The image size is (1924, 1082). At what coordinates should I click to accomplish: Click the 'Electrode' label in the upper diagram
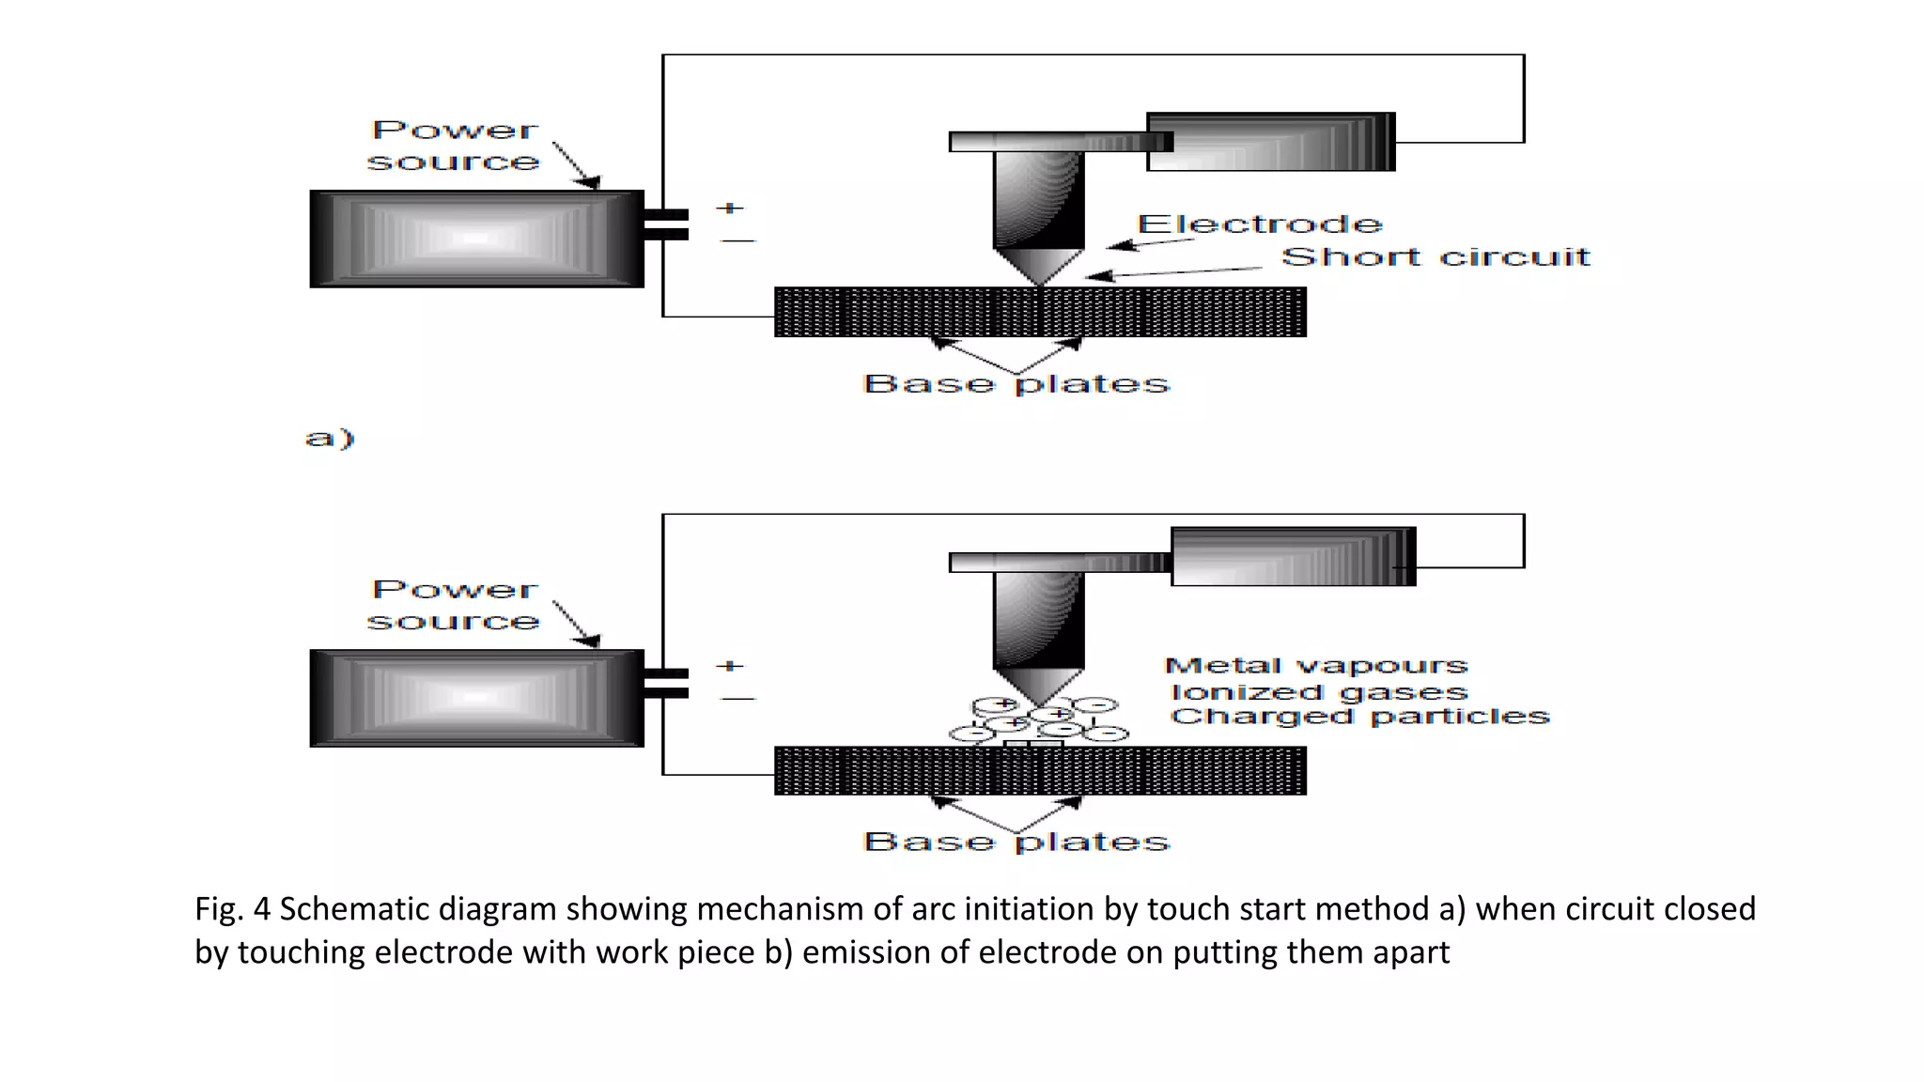point(1260,224)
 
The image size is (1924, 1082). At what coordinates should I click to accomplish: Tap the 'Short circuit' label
point(1435,256)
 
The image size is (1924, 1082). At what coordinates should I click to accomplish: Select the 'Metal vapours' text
point(1315,666)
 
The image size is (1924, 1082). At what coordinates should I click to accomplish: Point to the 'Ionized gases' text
point(1318,692)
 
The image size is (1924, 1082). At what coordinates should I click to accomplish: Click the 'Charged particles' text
point(1358,717)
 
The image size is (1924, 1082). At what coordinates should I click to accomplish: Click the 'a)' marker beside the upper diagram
point(330,438)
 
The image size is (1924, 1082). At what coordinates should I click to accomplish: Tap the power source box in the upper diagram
point(476,239)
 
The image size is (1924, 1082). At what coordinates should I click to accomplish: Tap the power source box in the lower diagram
point(476,698)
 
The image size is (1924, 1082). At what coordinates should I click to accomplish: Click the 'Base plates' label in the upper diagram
point(1016,384)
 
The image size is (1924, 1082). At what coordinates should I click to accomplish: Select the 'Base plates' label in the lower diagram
point(1016,842)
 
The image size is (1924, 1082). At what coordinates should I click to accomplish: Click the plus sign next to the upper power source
point(730,208)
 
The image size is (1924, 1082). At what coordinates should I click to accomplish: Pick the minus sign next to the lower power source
point(737,699)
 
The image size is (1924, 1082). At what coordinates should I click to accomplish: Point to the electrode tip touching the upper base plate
point(1039,282)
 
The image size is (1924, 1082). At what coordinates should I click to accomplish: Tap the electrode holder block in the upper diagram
point(1270,142)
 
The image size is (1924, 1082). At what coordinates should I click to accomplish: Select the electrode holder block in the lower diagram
point(1293,557)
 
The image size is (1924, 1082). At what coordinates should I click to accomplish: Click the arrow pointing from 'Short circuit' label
point(1174,272)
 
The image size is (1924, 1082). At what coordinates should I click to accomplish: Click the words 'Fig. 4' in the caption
point(232,909)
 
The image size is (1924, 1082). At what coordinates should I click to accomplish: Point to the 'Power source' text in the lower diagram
point(454,606)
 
